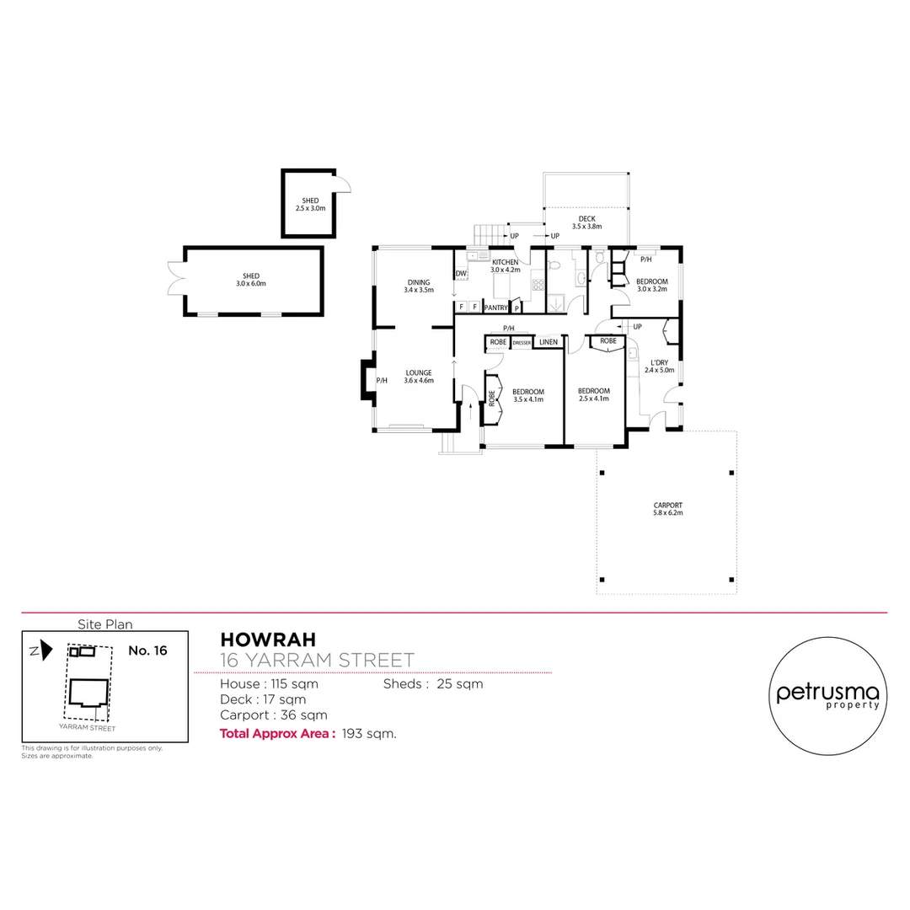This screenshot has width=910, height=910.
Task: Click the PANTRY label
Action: click(x=495, y=308)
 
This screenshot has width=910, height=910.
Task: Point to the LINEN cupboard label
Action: click(x=549, y=342)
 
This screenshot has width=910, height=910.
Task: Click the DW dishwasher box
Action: click(x=461, y=274)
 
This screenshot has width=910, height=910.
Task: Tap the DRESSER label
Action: click(x=522, y=343)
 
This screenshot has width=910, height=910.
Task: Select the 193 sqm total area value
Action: click(x=369, y=734)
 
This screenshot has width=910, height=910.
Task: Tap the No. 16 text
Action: click(x=148, y=650)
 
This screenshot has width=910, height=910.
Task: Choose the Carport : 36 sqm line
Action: click(x=274, y=715)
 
